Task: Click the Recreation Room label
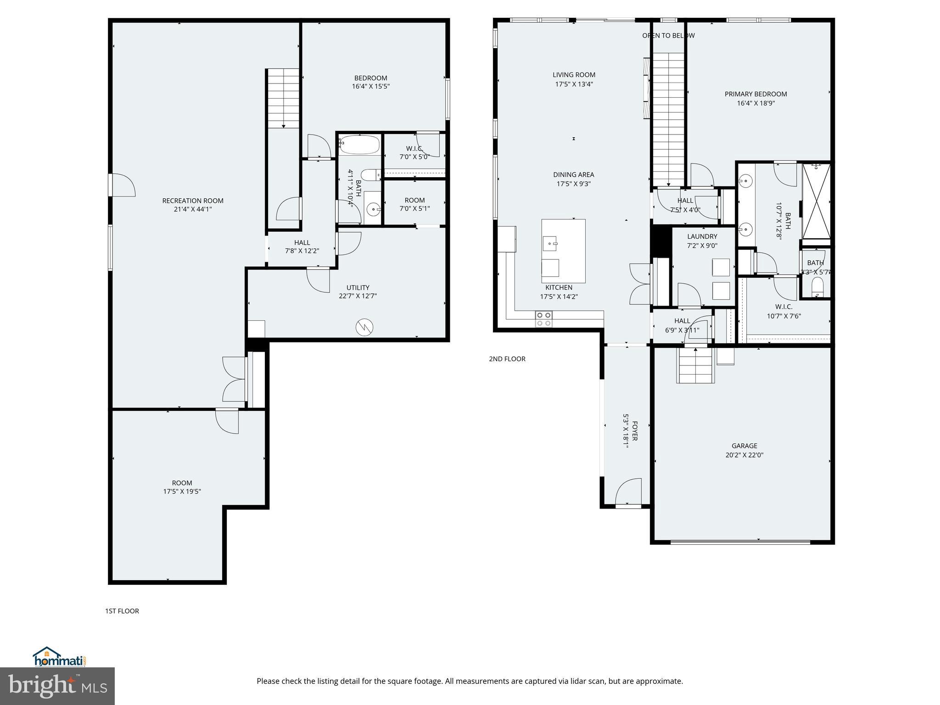click(193, 201)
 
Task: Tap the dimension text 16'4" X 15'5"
click(371, 86)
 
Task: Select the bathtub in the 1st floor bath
click(360, 145)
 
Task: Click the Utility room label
click(358, 288)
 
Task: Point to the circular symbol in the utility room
click(364, 327)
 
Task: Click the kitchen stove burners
click(544, 319)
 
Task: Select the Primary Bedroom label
click(755, 94)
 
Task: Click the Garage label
click(744, 446)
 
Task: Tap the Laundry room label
click(702, 236)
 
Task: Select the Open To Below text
click(668, 35)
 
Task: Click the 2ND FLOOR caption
click(507, 359)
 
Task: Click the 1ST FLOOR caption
click(122, 611)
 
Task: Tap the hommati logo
click(59, 657)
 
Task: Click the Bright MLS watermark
click(57, 686)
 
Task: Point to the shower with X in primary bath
click(817, 201)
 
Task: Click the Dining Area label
click(573, 174)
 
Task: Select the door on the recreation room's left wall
click(122, 185)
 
